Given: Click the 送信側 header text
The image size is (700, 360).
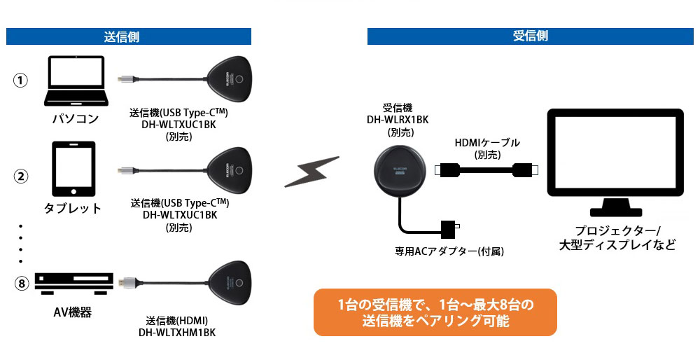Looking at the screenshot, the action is coord(121,36).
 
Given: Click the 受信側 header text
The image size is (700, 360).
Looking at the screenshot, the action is coord(530,36).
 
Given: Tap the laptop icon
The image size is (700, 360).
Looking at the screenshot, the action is coord(76,81).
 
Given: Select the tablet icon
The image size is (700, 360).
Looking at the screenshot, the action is coord(73,169).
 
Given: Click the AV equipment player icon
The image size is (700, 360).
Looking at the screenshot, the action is coord(74,284).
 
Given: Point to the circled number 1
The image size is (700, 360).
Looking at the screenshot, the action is coord(20,81).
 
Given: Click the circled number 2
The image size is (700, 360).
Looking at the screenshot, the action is coord(20,176).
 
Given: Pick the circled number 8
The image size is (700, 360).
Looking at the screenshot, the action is coord(21,284).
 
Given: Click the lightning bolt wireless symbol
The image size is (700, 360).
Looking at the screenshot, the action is coord(311,171).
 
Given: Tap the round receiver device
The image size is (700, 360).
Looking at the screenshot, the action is coord(400,171).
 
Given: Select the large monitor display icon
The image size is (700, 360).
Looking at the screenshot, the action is coord(615,162).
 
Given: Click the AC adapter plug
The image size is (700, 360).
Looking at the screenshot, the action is coord(450,228).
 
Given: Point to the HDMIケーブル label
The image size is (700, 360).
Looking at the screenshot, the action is coord(487,143).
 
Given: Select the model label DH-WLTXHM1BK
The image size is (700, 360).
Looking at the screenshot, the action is coord(177,332).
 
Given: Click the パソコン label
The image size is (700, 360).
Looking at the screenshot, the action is coord(76,119).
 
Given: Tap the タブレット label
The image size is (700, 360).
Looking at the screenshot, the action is coord(73,208).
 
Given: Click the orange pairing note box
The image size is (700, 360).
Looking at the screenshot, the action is coord(435,312).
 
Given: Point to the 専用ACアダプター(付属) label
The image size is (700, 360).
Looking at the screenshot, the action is coord(449,251).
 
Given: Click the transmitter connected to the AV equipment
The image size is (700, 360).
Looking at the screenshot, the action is coord(229,283).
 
